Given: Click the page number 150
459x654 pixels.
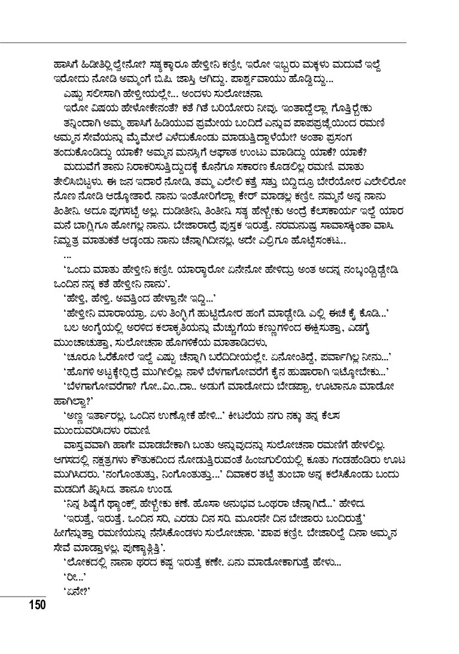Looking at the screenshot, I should (35, 605).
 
